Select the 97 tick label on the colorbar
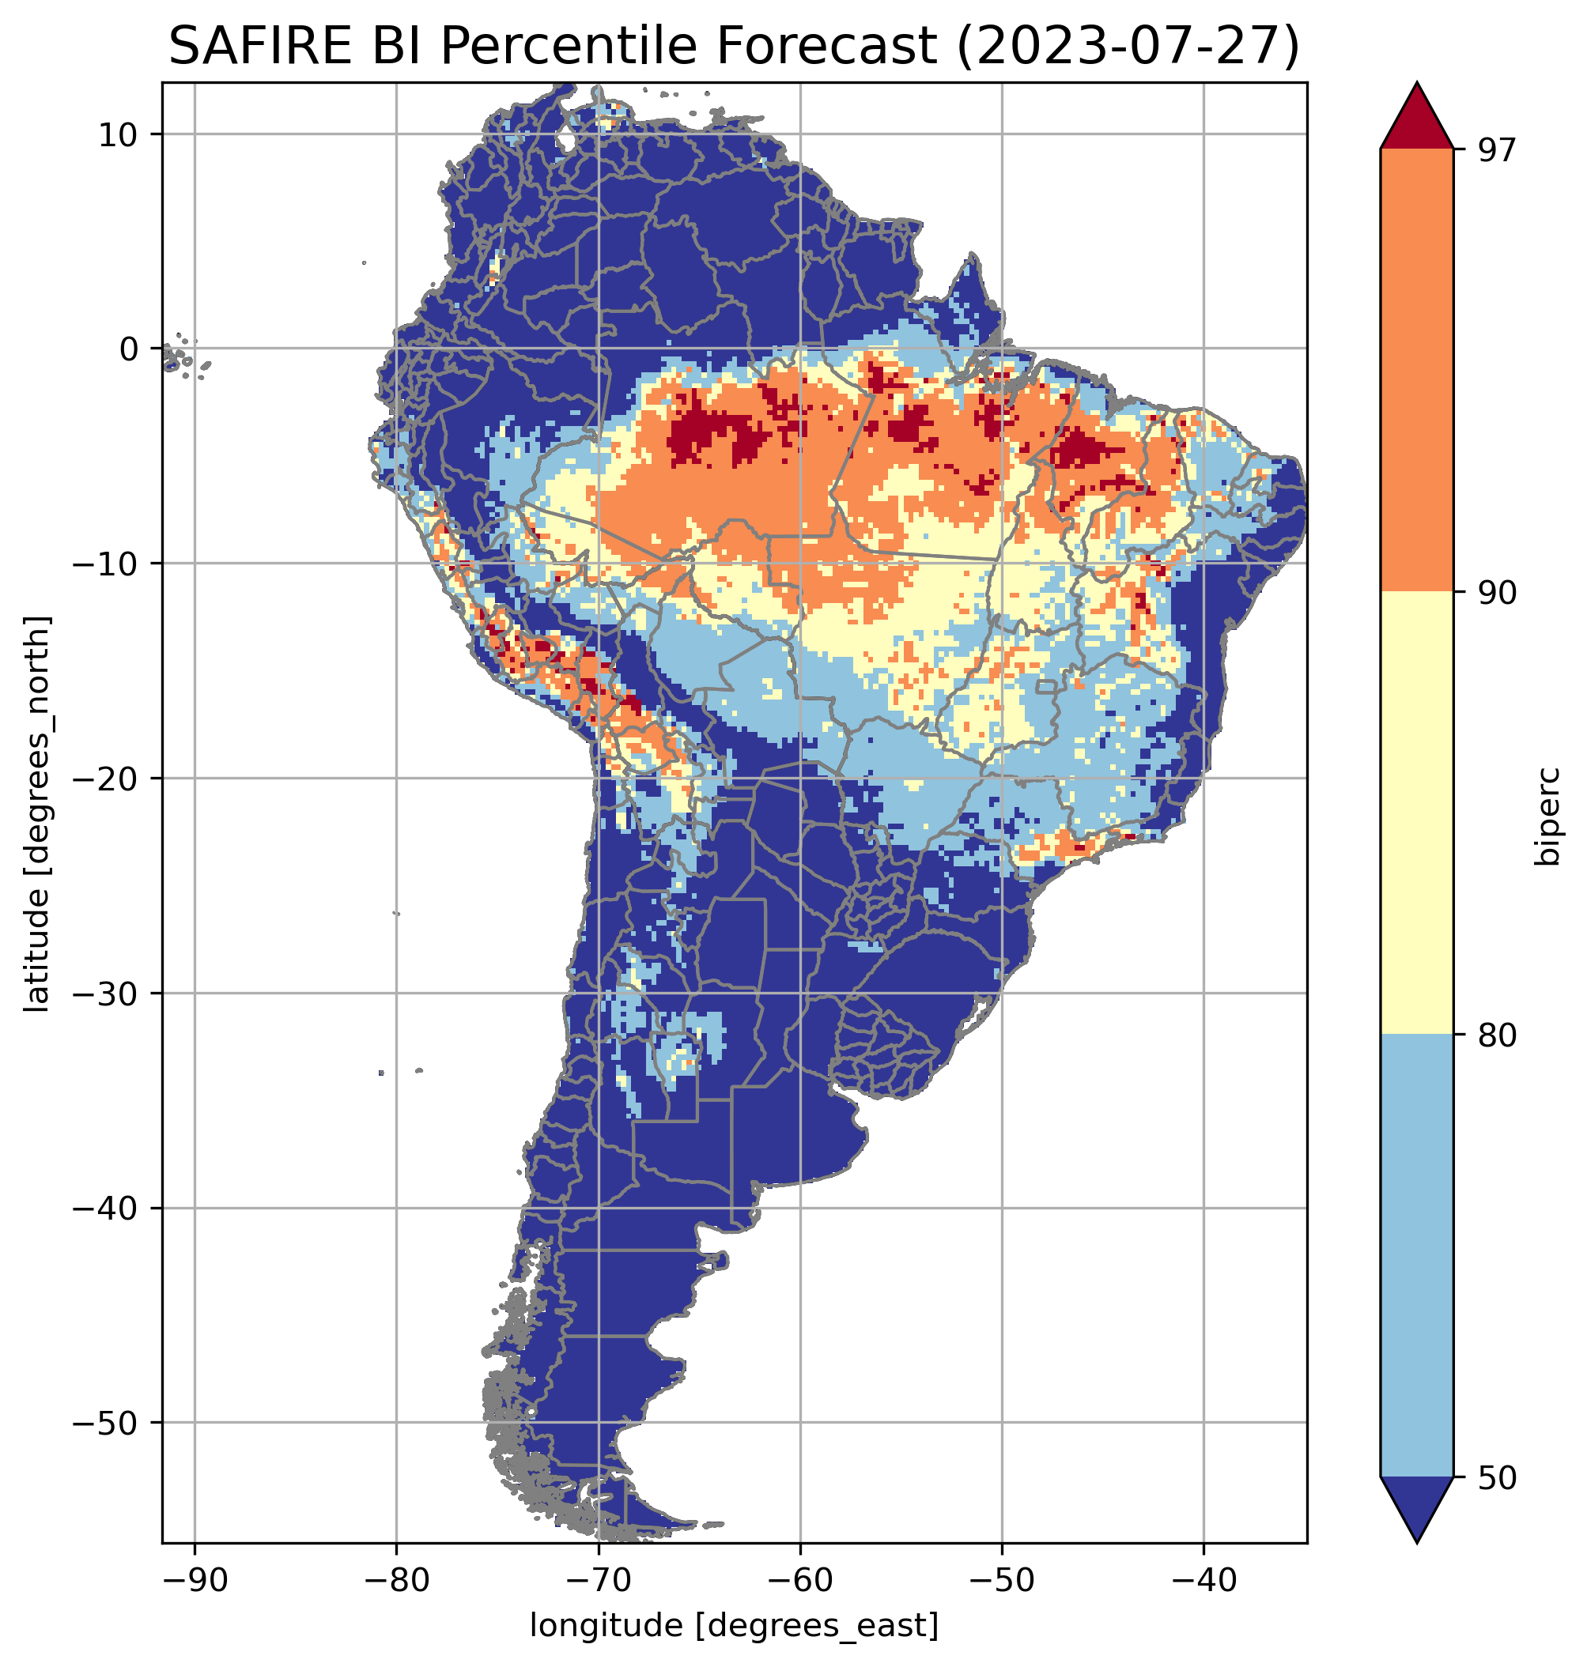pyautogui.click(x=1497, y=149)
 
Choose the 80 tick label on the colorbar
pyautogui.click(x=1497, y=1035)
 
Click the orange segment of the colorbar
pyautogui.click(x=1416, y=370)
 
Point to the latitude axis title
pyautogui.click(x=37, y=813)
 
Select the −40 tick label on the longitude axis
pyautogui.click(x=1203, y=1580)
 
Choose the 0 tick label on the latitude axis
pyautogui.click(x=130, y=349)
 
